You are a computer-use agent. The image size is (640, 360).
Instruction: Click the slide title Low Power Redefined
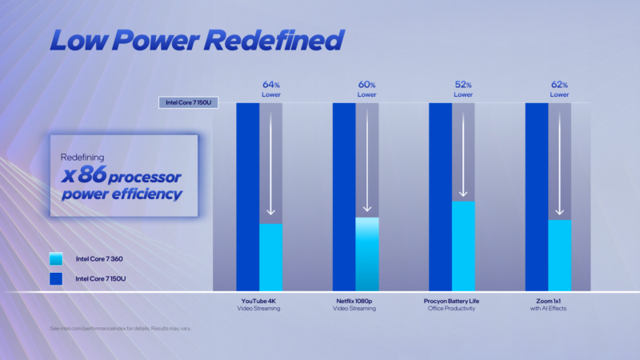[196, 40]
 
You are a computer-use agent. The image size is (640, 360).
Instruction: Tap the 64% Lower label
[271, 89]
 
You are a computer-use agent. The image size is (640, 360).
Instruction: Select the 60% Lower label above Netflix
[367, 89]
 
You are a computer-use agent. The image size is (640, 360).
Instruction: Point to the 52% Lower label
[463, 89]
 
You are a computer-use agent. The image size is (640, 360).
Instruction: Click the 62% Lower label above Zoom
[559, 89]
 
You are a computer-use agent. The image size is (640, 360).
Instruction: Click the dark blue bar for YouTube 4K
[248, 196]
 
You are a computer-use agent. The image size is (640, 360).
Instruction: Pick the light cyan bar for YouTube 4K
[271, 257]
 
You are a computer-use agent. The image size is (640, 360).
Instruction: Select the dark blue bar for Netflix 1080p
[344, 196]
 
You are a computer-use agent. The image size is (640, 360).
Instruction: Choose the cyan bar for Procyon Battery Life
[463, 245]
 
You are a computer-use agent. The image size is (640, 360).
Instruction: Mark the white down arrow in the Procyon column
[463, 152]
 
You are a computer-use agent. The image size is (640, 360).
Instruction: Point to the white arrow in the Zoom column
[559, 160]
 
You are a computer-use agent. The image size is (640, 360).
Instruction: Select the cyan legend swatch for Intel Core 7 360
[56, 259]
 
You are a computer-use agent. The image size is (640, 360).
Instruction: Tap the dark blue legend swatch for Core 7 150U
[56, 278]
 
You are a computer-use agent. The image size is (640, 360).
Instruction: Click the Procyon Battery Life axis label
[451, 304]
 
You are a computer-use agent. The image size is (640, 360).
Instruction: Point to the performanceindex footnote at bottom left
[120, 328]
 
